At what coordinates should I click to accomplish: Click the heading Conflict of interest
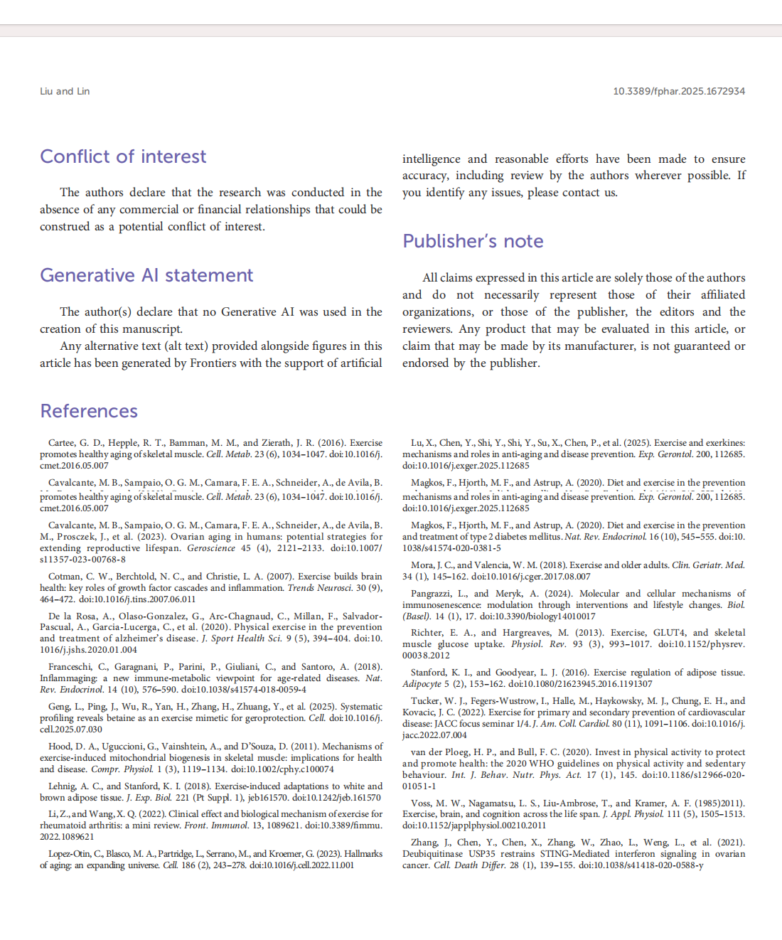click(123, 156)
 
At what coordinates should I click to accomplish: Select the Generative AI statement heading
click(146, 275)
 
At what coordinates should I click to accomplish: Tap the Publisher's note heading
click(473, 241)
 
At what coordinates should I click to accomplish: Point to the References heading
click(89, 411)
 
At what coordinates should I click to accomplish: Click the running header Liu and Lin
click(65, 91)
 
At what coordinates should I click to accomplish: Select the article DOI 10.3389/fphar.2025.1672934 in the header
click(679, 91)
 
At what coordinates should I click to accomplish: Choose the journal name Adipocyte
click(422, 684)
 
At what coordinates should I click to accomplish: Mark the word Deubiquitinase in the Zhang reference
click(433, 854)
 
